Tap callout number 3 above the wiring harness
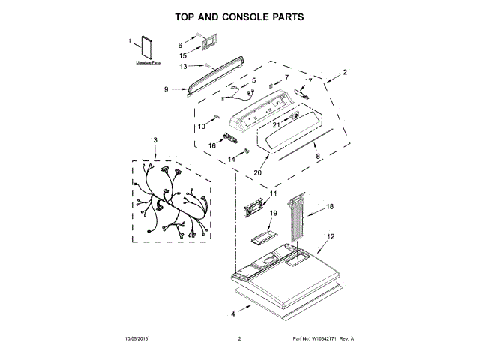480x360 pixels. (155, 140)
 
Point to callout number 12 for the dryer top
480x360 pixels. (330, 236)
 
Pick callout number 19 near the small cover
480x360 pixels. (273, 214)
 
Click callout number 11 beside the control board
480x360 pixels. (273, 194)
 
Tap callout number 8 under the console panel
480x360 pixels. (317, 156)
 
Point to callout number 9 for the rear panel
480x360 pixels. (166, 89)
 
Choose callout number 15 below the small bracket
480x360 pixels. (182, 55)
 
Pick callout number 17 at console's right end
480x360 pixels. (307, 80)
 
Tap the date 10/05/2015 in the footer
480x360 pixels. (137, 340)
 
